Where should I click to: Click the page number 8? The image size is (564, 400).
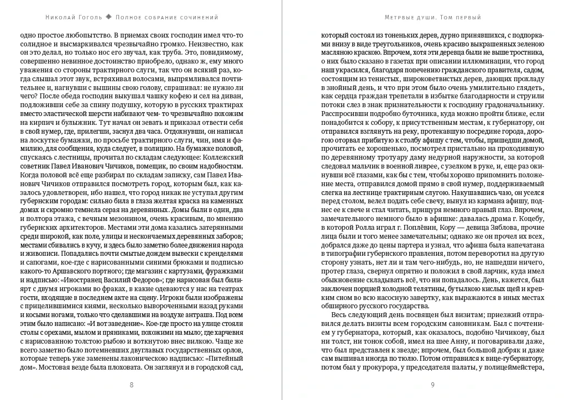pyautogui.click(x=131, y=385)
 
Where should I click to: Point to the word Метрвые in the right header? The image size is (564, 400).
pyautogui.click(x=400, y=17)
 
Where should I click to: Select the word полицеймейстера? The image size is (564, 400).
pyautogui.click(x=517, y=369)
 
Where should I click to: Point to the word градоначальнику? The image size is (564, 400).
pyautogui.click(x=512, y=103)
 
